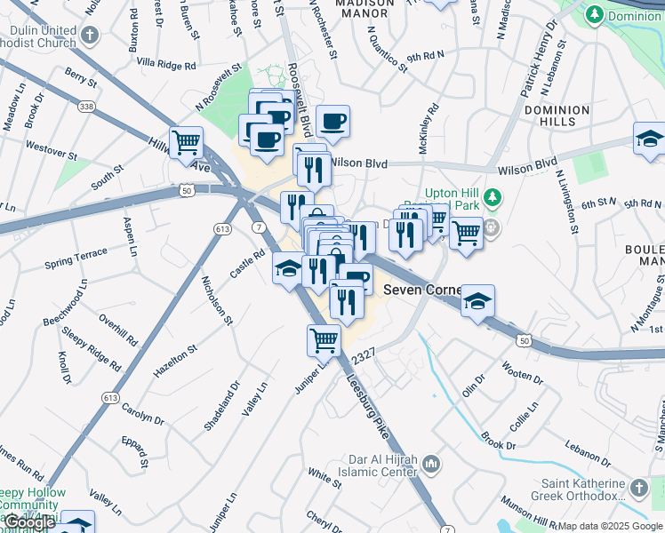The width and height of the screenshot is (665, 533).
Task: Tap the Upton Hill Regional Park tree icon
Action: (x=488, y=195)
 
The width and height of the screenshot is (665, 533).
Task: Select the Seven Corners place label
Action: (x=421, y=290)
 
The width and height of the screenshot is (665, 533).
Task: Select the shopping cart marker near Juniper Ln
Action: (x=324, y=340)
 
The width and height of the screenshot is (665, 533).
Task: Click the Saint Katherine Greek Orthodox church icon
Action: (x=638, y=488)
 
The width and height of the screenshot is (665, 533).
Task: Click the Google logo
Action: (x=29, y=523)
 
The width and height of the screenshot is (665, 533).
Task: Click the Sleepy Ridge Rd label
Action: (x=92, y=347)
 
